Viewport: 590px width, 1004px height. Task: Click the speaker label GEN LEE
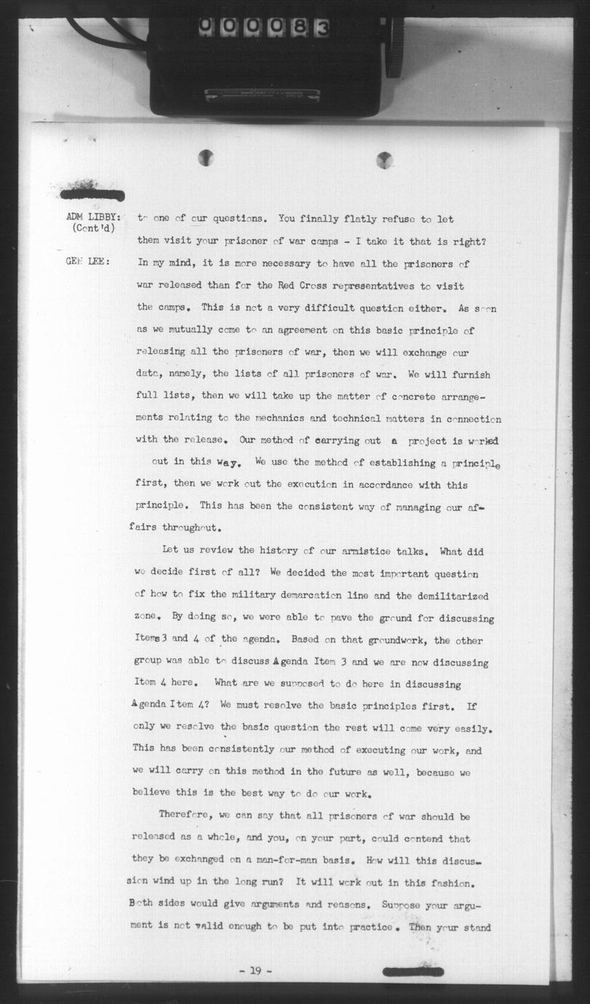(x=87, y=263)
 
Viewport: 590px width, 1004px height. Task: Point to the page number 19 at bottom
(x=255, y=971)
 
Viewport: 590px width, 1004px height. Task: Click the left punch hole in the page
(x=206, y=157)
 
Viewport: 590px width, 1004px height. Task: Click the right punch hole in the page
(x=384, y=160)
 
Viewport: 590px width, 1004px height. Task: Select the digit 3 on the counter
(x=322, y=28)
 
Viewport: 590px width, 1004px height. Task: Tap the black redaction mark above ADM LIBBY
(x=92, y=194)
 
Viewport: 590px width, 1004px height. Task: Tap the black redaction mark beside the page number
(x=413, y=971)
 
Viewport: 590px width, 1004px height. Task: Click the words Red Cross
(x=287, y=285)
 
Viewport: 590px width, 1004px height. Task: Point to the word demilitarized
(x=451, y=596)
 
